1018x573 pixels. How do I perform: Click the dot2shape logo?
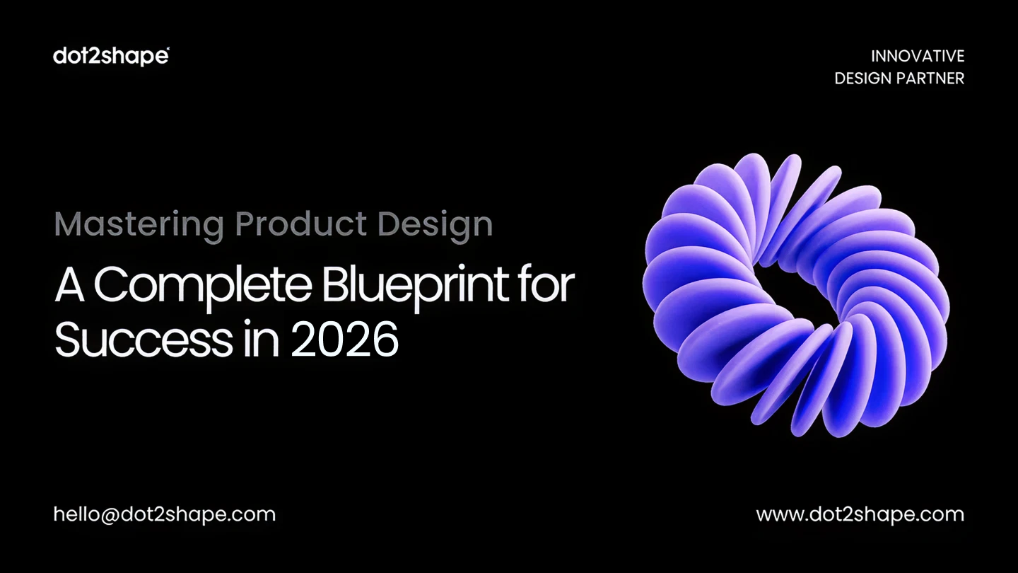111,56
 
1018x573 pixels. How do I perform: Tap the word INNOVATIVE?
917,56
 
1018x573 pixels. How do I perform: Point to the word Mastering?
139,225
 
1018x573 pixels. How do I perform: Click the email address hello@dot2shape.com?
165,514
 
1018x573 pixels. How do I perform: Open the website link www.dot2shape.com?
860,514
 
